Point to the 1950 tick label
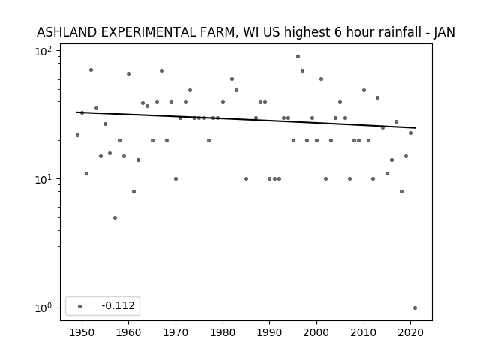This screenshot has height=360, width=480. pos(82,332)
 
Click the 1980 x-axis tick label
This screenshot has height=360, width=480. pos(223,332)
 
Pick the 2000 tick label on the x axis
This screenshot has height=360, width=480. pos(316,332)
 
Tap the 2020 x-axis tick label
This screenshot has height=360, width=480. pos(410,332)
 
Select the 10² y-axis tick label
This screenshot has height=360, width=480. pos(43,51)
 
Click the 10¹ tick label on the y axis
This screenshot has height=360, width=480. pos(43,179)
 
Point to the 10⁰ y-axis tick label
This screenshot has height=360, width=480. pos(43,308)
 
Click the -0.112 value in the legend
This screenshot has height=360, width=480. pos(118,305)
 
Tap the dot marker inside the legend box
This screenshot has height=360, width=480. pos(80,306)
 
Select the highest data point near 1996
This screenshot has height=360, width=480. pos(298,57)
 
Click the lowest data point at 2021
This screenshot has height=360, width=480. pos(415,308)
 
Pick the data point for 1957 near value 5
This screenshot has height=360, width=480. pos(115,218)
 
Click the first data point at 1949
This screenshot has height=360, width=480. pos(77,135)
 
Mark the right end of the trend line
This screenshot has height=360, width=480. pos(415,128)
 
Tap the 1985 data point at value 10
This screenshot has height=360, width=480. pos(247,178)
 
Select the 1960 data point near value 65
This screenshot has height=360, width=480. pos(128,73)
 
